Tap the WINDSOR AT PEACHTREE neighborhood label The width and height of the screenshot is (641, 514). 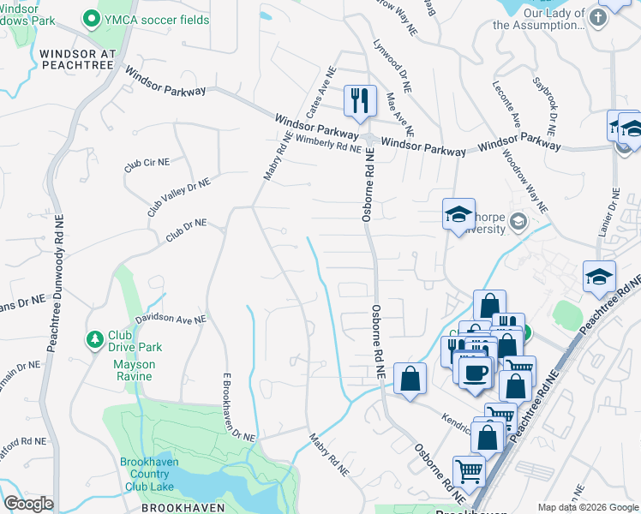click(x=77, y=59)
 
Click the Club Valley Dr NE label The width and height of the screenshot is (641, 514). click(x=178, y=194)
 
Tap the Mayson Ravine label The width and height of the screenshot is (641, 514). click(x=135, y=364)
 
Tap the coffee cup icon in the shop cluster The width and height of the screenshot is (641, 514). click(x=475, y=371)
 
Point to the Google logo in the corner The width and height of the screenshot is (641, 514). click(x=27, y=503)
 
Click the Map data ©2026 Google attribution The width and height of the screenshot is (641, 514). click(x=587, y=507)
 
